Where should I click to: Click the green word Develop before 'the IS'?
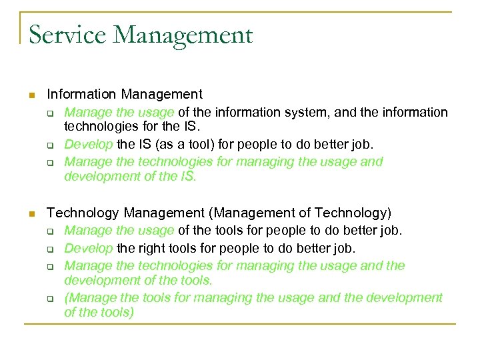click(x=89, y=144)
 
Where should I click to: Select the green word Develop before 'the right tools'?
click(x=89, y=248)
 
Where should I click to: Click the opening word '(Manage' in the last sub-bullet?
click(x=89, y=297)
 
